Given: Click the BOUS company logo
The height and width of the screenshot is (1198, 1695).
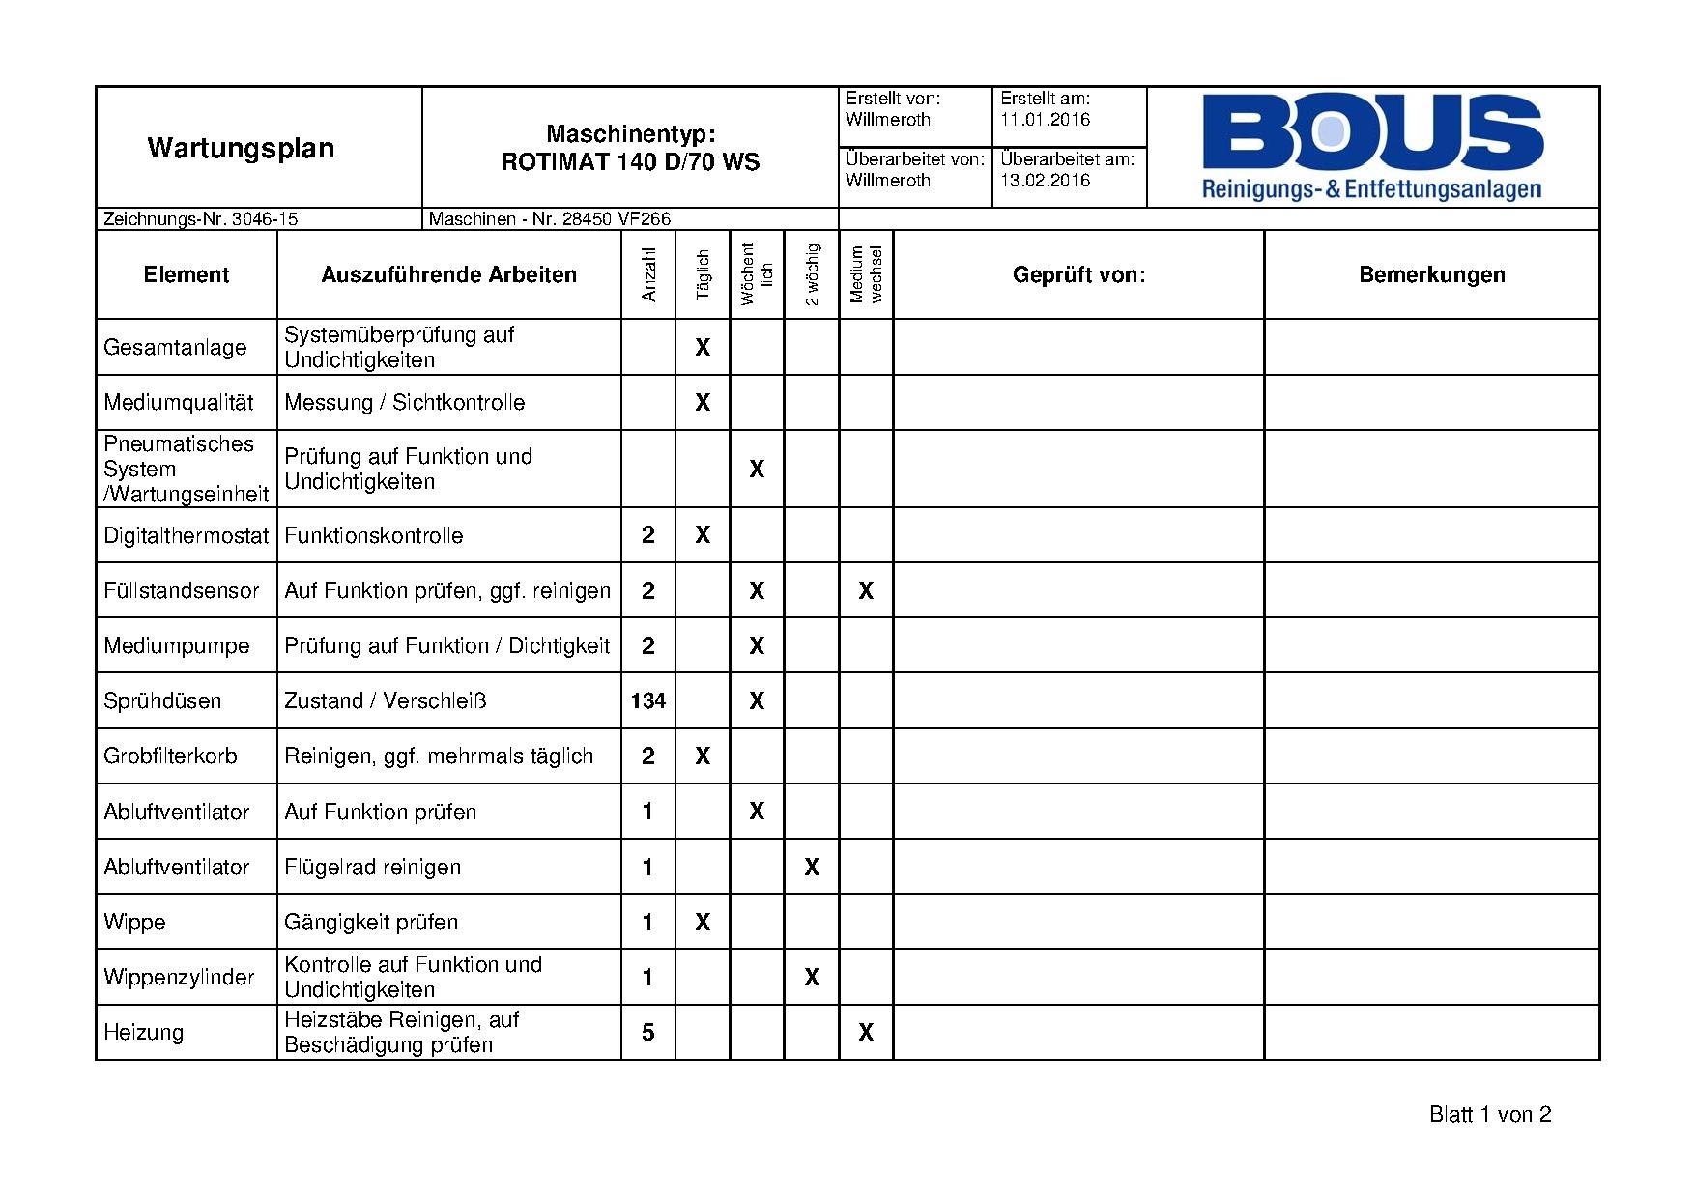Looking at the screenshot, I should point(1372,147).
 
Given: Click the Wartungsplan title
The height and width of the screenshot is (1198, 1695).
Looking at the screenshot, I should point(241,148).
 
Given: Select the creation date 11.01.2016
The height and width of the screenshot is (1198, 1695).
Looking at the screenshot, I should point(1045,120).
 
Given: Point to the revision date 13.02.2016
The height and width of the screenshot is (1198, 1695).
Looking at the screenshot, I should point(1045,181).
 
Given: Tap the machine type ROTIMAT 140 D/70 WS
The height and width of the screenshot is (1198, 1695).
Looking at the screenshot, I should point(630,161).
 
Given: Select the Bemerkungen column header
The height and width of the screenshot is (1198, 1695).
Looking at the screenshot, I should point(1431,274).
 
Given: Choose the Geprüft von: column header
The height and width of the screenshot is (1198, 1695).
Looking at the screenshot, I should point(1078,274).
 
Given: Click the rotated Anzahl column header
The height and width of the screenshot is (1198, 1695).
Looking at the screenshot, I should point(648,274).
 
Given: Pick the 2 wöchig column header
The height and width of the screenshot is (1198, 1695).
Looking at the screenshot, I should point(812,274).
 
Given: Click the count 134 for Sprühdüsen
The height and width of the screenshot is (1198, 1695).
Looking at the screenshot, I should point(648,700).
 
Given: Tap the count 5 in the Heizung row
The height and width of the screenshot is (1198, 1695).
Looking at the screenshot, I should point(648,1033).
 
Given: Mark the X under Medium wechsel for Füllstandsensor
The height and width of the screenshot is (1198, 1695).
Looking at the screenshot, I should point(866,590).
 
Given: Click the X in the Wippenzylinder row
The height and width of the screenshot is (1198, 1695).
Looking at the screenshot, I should point(812,977).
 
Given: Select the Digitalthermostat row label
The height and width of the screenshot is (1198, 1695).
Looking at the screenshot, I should point(186,535).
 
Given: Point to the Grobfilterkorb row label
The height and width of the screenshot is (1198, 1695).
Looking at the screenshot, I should point(170,756).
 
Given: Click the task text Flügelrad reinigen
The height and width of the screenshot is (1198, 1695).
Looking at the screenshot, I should point(372,867).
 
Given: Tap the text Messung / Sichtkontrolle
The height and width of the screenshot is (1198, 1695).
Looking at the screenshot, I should point(404,402).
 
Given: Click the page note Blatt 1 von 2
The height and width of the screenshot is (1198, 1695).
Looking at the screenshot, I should point(1489,1115).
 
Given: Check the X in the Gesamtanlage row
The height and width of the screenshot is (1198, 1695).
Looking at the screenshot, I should point(703,347).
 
